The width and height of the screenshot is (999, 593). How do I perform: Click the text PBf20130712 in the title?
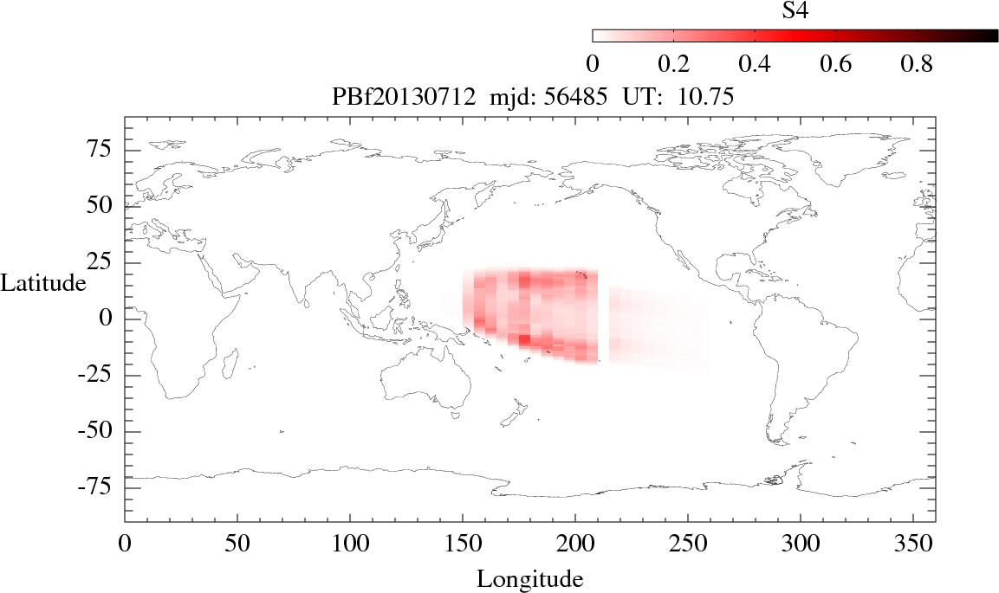pos(400,98)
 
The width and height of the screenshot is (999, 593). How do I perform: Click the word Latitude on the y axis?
pos(43,283)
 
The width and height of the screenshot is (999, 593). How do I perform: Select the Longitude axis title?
pos(529,578)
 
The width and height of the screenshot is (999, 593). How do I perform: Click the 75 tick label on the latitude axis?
pos(105,150)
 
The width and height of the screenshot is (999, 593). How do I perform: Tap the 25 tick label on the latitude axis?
pos(105,262)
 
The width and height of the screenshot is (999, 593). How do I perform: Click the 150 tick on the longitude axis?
pos(463,547)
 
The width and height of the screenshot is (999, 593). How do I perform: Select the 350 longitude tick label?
pos(913,547)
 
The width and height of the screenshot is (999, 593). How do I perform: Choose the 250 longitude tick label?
pos(688,547)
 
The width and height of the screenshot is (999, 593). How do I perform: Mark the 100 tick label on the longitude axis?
pos(350,547)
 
